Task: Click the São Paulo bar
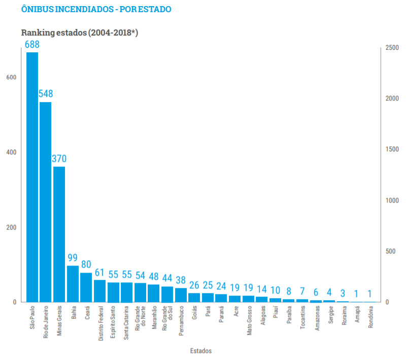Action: coord(32,177)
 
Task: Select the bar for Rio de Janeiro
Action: coord(46,202)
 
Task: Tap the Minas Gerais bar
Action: coord(59,235)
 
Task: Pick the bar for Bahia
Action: coord(73,284)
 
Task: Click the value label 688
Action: coord(32,45)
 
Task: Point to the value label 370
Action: coord(59,158)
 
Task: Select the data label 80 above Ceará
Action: coord(86,264)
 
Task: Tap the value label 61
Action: coord(99,273)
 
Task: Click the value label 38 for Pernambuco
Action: coord(181,280)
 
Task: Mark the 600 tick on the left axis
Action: coord(11,77)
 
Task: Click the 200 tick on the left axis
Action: coord(11,227)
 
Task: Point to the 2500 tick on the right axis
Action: coord(392,48)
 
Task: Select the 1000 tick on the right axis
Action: coord(392,201)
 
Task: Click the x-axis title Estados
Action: coord(201,351)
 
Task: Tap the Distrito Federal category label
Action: coord(101,323)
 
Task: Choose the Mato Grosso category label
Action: coord(249,320)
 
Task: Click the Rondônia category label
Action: coord(370,317)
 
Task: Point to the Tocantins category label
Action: coord(302,317)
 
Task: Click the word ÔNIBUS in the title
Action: coord(38,9)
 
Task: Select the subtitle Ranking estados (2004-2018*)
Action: coord(80,32)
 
